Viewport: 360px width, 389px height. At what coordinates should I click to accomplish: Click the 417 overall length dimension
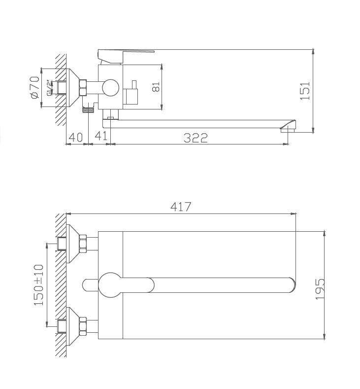point(181,207)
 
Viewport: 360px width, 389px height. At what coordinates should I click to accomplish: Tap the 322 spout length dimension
point(196,138)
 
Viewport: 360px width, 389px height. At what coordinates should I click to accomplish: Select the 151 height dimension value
point(305,91)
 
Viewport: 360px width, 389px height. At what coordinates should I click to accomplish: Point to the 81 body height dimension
point(156,87)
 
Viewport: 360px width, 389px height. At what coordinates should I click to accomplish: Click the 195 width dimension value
point(320,289)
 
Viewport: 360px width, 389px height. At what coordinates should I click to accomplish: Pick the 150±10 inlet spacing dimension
point(38,285)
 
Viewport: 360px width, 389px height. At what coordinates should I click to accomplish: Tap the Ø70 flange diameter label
point(35,87)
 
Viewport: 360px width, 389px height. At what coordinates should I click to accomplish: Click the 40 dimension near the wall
point(75,138)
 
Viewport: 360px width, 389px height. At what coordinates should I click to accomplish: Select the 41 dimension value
point(101,136)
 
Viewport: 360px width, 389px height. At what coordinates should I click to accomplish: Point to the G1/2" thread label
point(50,88)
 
